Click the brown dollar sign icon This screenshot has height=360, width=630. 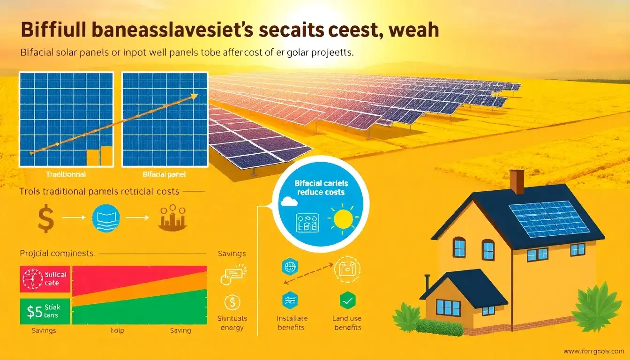click(x=45, y=219)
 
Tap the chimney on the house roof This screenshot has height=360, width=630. click(x=517, y=181)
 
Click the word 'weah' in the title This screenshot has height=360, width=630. click(x=414, y=29)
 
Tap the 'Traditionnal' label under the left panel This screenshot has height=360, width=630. click(x=66, y=174)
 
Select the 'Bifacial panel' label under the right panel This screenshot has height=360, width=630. click(x=164, y=174)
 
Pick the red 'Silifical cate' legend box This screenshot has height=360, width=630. click(x=45, y=278)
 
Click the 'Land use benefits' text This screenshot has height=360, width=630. click(x=347, y=323)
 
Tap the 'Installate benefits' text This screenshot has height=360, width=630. click(x=291, y=323)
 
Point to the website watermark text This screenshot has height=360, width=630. click(x=593, y=351)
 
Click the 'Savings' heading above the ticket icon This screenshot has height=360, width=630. click(x=232, y=254)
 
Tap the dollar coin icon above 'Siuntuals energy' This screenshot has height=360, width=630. click(x=232, y=302)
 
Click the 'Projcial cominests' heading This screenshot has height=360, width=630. click(x=57, y=253)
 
